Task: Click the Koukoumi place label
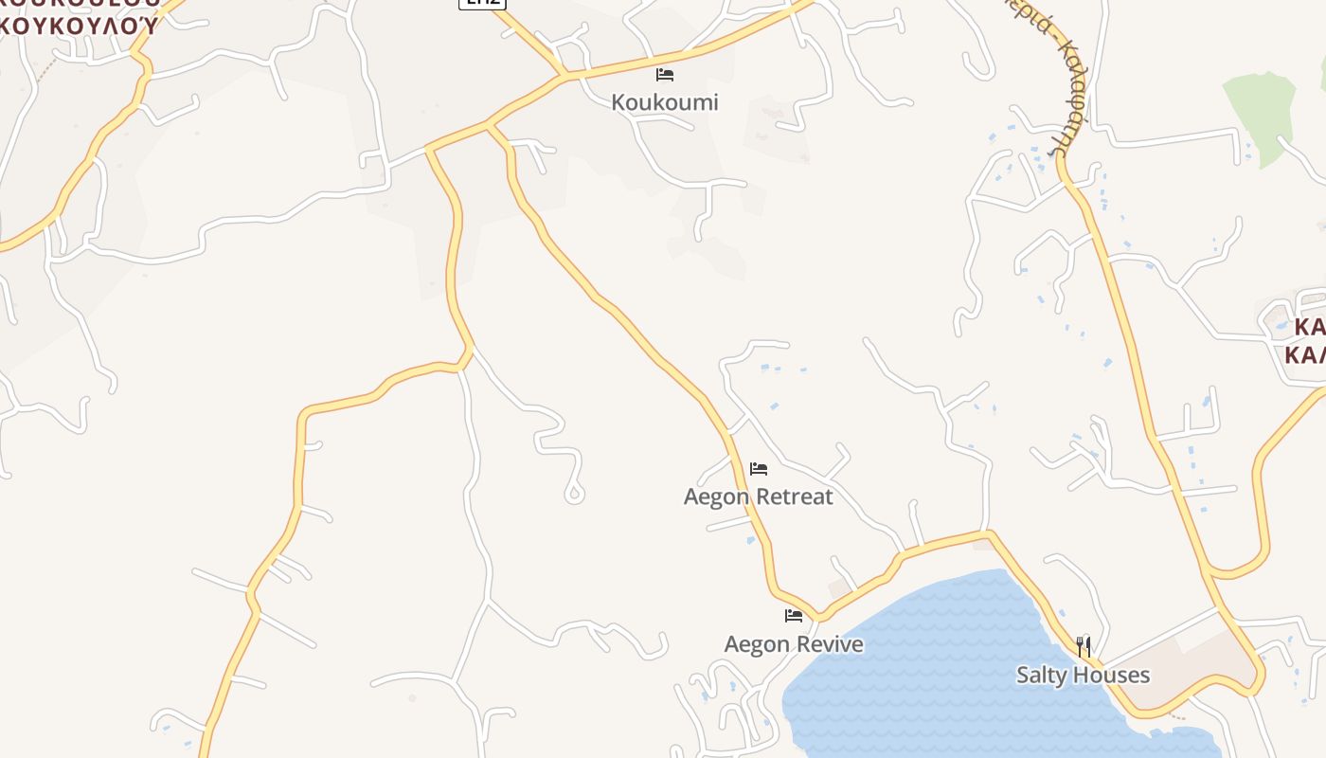(665, 102)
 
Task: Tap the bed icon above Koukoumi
(665, 75)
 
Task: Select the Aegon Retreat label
(758, 496)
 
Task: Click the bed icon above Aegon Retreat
(759, 468)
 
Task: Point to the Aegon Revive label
(794, 644)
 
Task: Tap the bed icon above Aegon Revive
(794, 616)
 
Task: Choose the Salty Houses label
(1083, 675)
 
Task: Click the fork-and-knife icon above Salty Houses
(1084, 647)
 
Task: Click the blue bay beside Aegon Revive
(928, 663)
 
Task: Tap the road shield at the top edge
(482, 3)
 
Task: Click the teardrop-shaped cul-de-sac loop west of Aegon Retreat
(574, 494)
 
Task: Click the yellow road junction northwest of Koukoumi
(565, 75)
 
